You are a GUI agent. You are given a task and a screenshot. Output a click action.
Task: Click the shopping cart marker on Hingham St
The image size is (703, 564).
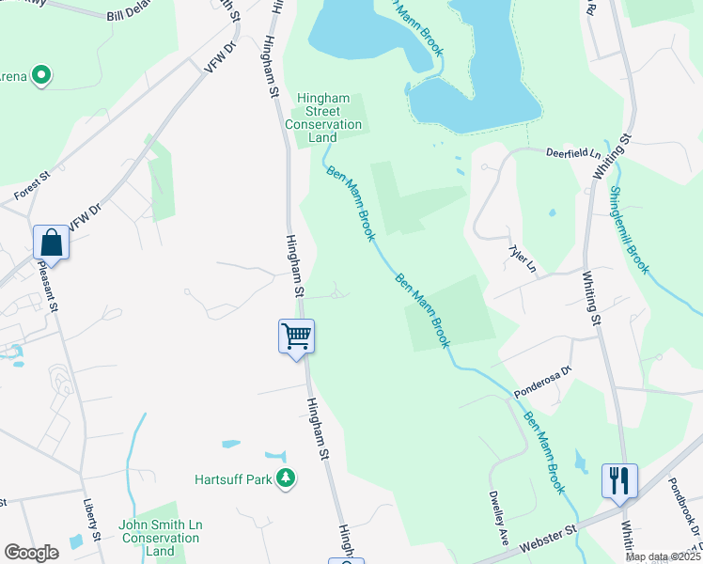[x=296, y=336]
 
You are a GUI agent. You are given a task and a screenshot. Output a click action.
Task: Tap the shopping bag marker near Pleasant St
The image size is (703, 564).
[x=51, y=243]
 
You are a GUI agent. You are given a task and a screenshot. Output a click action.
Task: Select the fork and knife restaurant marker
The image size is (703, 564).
[x=619, y=480]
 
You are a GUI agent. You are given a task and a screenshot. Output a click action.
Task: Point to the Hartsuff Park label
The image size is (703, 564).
[x=233, y=479]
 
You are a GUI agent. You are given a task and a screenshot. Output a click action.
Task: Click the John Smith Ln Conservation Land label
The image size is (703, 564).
[x=160, y=539]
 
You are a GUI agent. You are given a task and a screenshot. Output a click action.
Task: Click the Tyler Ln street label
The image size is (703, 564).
[x=522, y=259]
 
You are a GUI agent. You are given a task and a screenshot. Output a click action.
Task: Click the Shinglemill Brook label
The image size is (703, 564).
[x=629, y=229]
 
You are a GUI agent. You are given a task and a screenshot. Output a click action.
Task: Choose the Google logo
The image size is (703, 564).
[x=31, y=553]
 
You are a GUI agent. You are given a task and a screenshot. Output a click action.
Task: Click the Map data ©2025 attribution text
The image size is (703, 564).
[x=663, y=556]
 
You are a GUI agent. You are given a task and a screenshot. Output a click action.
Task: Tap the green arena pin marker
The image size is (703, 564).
[x=40, y=74]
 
